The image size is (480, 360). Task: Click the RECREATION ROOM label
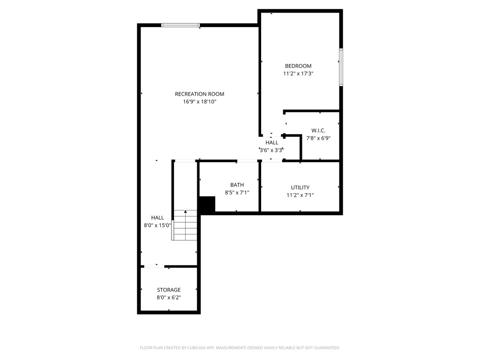pos(199,94)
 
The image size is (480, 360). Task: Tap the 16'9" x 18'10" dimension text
pos(199,102)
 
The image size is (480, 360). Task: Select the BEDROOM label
pos(298,66)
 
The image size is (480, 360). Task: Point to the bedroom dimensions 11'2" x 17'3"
pos(298,74)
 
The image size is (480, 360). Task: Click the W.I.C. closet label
pos(318,130)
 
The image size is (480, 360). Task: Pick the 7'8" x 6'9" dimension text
pos(318,138)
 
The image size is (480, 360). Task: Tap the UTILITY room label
pos(300,187)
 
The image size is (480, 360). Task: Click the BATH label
pos(237,185)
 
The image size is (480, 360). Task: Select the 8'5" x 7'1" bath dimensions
pos(237,193)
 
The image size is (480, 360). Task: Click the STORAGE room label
pos(169,290)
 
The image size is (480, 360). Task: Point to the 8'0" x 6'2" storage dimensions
pos(169,298)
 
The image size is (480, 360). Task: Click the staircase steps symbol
pos(185,225)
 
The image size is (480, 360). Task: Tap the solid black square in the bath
pos(207,204)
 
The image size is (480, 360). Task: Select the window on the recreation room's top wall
pos(180,25)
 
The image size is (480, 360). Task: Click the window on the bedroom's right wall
pos(341,67)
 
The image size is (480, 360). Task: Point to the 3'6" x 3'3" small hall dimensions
pos(271,150)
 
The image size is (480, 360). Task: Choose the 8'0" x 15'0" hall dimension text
pos(157,225)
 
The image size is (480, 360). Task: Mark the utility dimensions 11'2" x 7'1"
pos(300,195)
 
